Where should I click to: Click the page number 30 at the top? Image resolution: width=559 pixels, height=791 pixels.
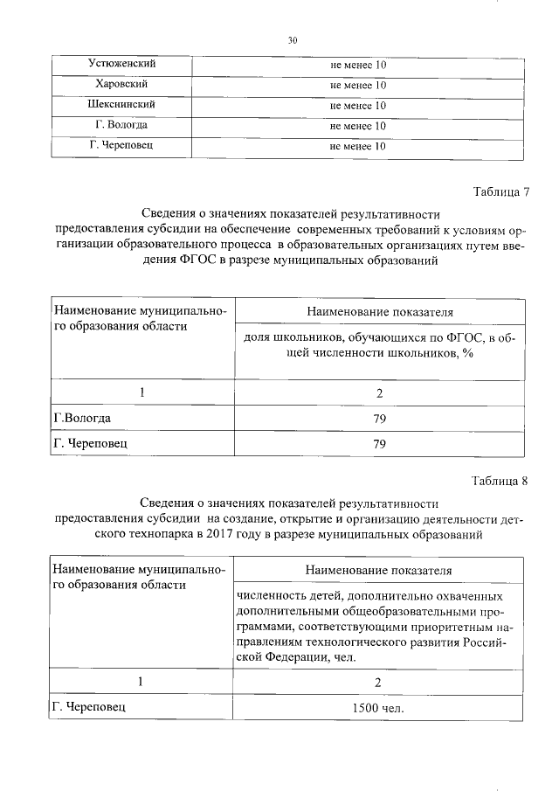click(x=293, y=40)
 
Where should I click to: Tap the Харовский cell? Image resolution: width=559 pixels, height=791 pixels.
click(x=123, y=85)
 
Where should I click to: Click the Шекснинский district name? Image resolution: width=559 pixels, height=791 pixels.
click(x=123, y=105)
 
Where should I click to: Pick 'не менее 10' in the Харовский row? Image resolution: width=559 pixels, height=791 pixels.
click(x=358, y=86)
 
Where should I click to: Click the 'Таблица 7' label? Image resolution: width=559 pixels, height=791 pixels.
click(x=500, y=192)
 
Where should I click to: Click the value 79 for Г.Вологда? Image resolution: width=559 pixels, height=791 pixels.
click(x=379, y=419)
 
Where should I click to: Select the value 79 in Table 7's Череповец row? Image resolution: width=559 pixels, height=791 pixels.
click(x=379, y=444)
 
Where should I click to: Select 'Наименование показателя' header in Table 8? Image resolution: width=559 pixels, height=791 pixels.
click(x=379, y=570)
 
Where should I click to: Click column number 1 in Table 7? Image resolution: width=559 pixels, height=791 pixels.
click(x=141, y=392)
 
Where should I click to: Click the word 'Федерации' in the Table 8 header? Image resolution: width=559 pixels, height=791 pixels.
click(x=286, y=656)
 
